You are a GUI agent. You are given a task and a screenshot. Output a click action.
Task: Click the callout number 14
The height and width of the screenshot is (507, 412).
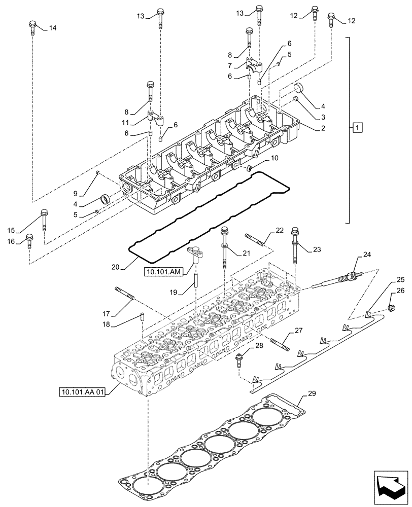(x=53, y=28)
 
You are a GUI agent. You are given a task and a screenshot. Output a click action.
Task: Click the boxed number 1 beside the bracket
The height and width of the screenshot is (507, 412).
(x=358, y=127)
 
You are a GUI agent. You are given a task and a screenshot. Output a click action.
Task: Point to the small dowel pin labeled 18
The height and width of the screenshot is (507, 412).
(x=143, y=317)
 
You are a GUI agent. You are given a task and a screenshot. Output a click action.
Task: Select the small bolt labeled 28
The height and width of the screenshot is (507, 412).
(x=239, y=359)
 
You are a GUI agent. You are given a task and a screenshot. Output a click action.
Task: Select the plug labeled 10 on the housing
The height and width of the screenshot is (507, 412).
(x=250, y=168)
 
